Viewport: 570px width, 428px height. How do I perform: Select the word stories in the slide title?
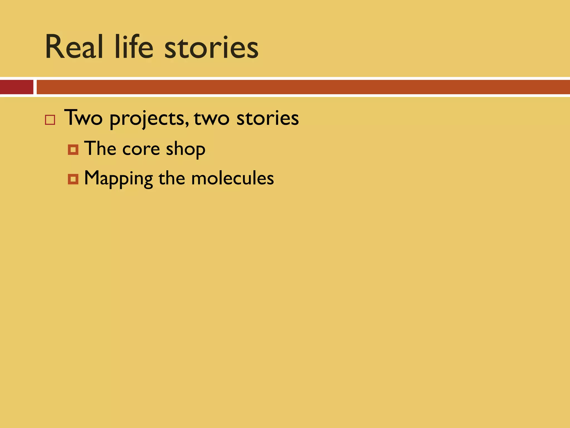(x=212, y=48)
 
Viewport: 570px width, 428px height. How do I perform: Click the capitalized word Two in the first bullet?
(x=83, y=118)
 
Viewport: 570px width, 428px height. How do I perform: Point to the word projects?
(x=147, y=119)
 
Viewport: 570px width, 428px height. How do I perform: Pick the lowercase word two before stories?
(x=212, y=119)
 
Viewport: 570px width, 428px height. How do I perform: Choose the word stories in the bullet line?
(x=267, y=118)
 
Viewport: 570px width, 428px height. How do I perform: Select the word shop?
(x=186, y=150)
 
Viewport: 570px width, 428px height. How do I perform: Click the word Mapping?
(x=118, y=179)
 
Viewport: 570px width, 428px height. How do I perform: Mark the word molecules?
(x=232, y=178)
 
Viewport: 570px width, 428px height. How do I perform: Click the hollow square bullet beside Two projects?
(x=50, y=120)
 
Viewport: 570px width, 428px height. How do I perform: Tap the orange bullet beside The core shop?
(x=73, y=150)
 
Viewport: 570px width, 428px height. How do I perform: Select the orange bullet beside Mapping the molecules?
(x=73, y=179)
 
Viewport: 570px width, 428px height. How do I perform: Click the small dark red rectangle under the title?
(x=16, y=87)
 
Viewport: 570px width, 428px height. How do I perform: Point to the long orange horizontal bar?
(x=303, y=87)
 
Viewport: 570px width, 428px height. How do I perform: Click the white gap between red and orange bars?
(x=35, y=87)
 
